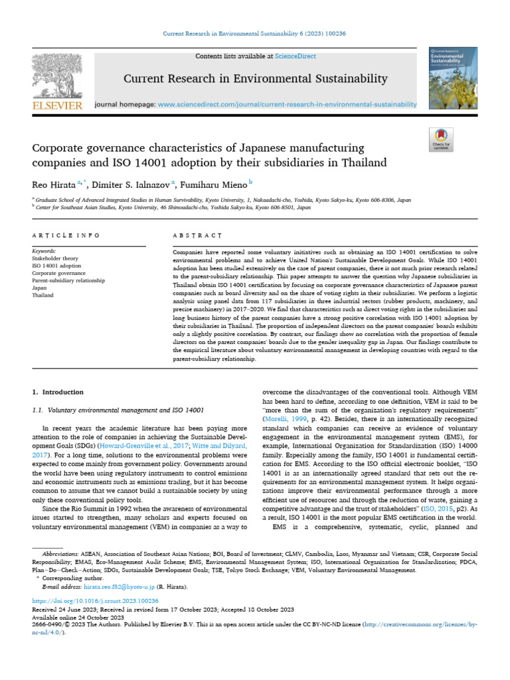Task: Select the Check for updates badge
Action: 441,141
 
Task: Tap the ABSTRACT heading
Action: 197,236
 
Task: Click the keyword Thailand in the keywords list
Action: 42,295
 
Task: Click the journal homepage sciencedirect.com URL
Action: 288,104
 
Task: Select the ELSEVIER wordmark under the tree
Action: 56,106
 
